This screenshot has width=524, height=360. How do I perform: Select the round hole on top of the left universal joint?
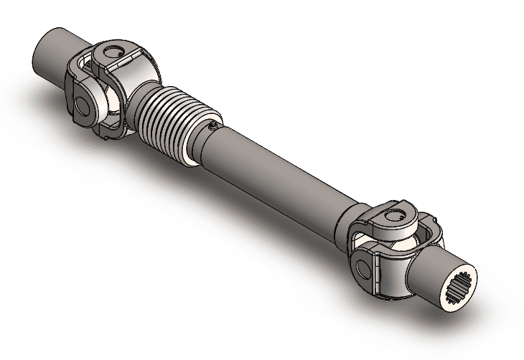(x=111, y=52)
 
